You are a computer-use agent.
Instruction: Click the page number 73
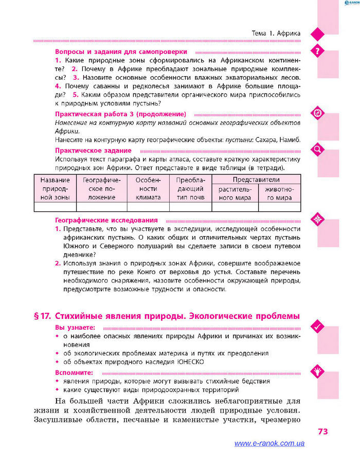pyautogui.click(x=322, y=431)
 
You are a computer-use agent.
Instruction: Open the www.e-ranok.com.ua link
pyautogui.click(x=269, y=443)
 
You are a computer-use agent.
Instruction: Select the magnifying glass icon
pyautogui.click(x=317, y=150)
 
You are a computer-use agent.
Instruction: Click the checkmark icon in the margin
pyautogui.click(x=317, y=326)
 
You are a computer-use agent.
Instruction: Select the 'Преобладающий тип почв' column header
pyautogui.click(x=190, y=188)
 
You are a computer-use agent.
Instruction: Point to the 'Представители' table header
pyautogui.click(x=256, y=180)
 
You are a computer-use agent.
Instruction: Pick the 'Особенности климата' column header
pyautogui.click(x=148, y=188)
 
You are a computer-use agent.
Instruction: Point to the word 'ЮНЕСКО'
pyautogui.click(x=190, y=362)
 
